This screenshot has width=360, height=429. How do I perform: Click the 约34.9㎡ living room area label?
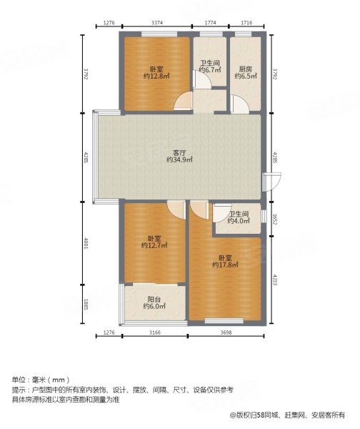point(179,160)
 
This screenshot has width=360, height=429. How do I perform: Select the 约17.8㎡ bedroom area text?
point(225,265)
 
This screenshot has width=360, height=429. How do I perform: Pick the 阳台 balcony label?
point(154,300)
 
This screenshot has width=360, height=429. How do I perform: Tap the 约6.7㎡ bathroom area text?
point(209,69)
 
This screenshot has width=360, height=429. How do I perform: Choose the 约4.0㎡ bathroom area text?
point(239,221)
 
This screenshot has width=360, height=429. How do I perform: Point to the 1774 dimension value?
point(210,24)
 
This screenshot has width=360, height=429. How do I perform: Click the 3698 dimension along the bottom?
point(226,333)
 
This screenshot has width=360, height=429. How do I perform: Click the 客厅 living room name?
point(179,152)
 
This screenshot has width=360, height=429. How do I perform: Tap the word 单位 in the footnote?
point(19,378)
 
